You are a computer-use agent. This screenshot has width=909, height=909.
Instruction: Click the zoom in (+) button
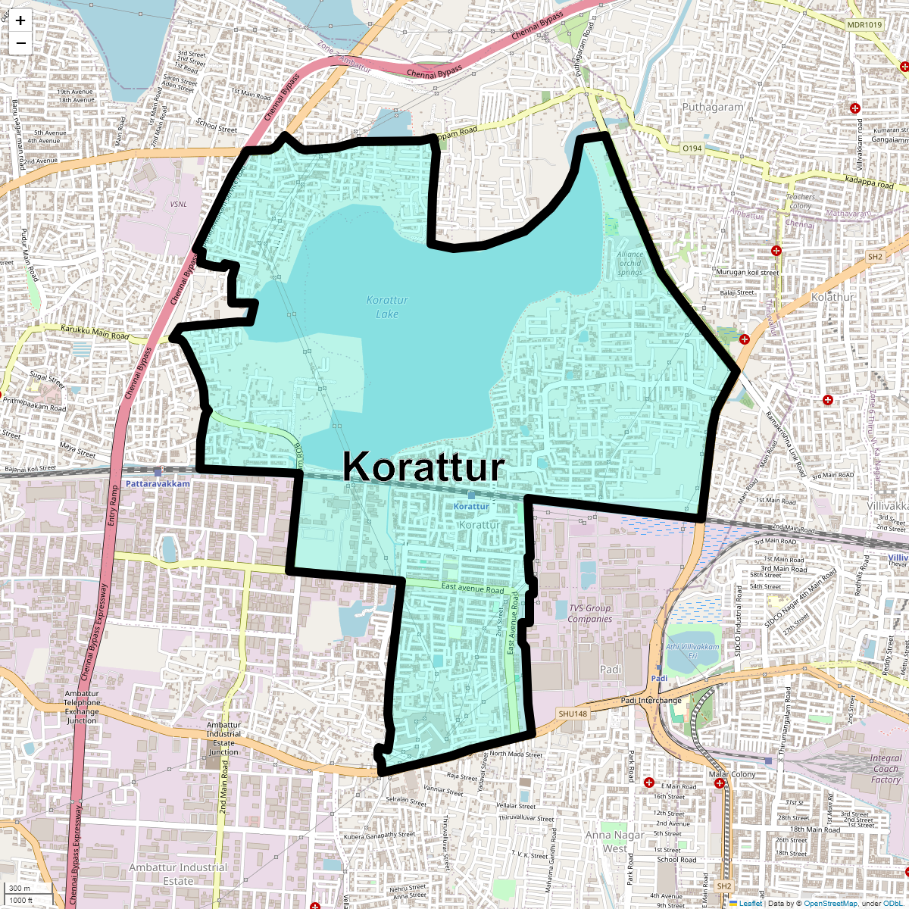point(20,21)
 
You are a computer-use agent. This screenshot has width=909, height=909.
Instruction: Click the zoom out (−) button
point(20,43)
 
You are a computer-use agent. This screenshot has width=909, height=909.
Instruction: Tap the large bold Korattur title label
point(423,467)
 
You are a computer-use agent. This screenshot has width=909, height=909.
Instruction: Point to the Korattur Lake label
point(387,307)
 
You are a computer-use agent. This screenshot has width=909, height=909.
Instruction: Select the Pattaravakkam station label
point(158,483)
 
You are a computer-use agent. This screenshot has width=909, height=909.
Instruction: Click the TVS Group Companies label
point(590,614)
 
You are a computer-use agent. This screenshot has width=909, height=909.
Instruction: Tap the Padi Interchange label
point(651,700)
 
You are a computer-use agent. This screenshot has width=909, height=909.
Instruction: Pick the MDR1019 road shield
point(864,25)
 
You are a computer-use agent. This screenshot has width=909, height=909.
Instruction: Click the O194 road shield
point(692,148)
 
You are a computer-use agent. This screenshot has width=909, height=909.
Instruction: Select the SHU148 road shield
point(573,714)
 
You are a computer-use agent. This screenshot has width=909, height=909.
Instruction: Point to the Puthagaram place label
point(713,108)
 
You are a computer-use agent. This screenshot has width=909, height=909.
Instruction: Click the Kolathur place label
point(832,297)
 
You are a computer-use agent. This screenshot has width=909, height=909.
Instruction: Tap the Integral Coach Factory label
point(886,768)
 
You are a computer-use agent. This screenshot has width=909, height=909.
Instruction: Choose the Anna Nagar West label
point(614,842)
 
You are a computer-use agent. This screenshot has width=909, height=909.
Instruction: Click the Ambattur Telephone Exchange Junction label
point(82,707)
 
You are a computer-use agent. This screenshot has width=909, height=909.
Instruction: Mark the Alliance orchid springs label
point(630,264)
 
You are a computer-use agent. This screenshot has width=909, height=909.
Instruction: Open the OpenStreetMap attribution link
point(830,903)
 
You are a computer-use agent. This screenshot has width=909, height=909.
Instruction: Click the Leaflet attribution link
point(750,903)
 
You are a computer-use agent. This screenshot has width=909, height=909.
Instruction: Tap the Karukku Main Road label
point(95,332)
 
